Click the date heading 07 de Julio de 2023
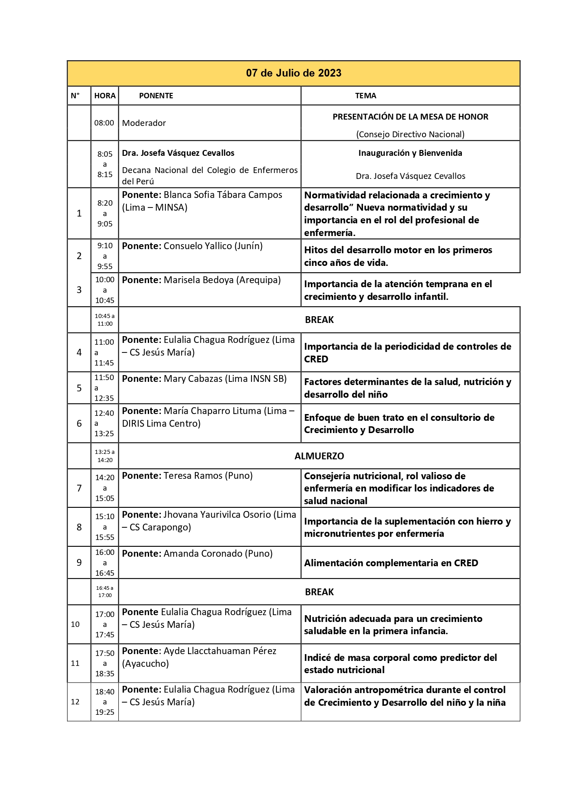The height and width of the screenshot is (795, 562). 293,73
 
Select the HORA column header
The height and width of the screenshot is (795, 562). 105,96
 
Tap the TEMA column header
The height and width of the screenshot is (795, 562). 365,96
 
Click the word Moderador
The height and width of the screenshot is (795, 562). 144,123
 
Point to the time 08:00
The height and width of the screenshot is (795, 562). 104,123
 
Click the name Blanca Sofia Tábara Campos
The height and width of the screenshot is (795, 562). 223,195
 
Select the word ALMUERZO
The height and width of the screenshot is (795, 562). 319,456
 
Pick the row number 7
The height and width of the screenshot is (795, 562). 79,488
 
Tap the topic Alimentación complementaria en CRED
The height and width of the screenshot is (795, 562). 391,563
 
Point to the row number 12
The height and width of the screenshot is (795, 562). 75,701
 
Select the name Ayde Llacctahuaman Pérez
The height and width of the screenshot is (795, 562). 220,651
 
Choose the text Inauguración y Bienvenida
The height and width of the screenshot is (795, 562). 410,153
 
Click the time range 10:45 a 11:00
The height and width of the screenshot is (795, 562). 105,320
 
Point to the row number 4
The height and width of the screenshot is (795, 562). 79,352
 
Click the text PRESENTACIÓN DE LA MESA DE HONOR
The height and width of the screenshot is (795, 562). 410,117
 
